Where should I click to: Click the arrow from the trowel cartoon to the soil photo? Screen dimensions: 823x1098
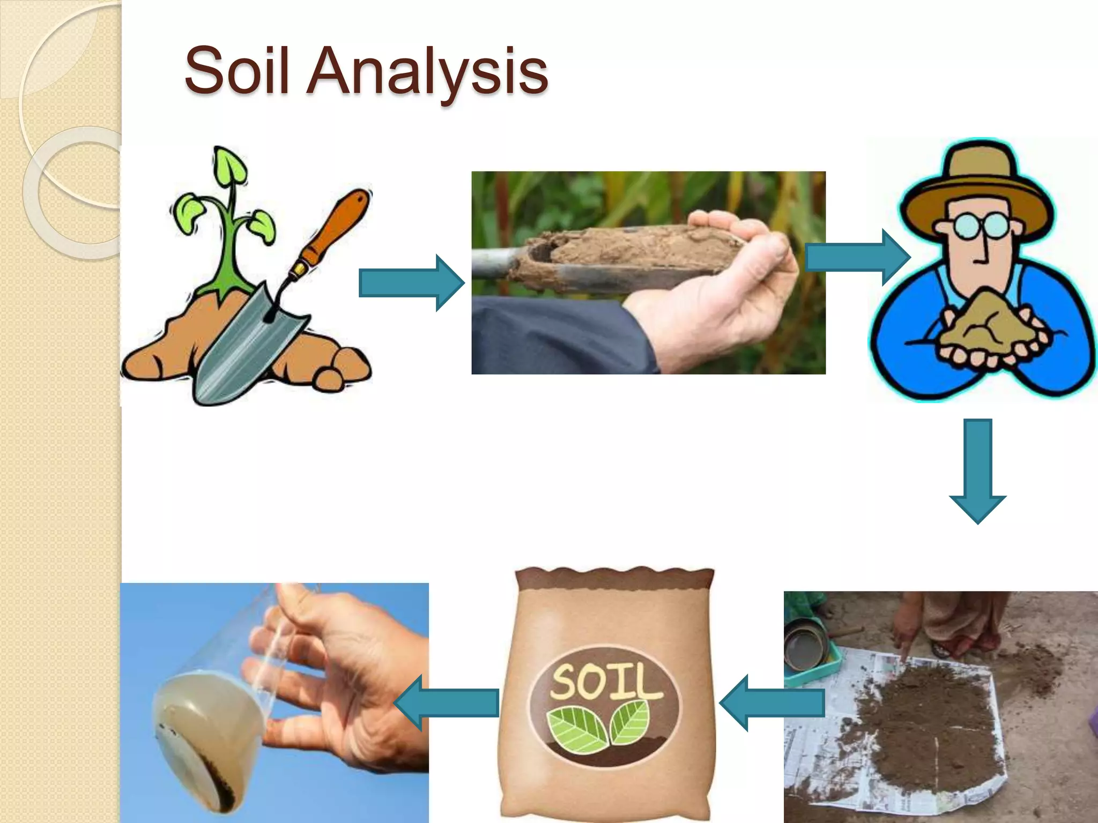(x=411, y=283)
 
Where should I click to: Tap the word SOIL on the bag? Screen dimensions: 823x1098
(x=605, y=681)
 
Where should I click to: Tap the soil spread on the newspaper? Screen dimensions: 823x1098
(x=928, y=713)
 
